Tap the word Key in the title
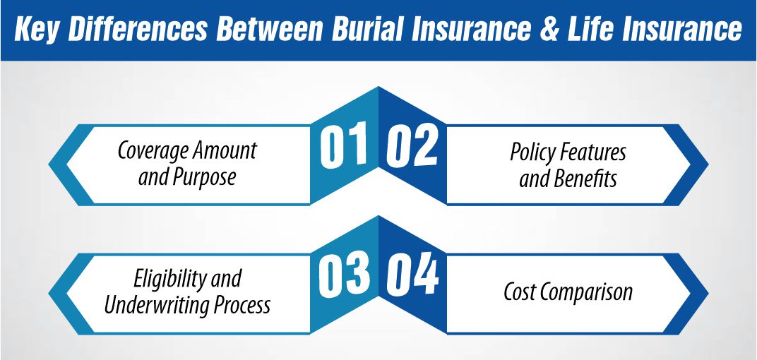click(x=37, y=30)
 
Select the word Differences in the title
click(x=138, y=30)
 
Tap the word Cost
click(x=520, y=291)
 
